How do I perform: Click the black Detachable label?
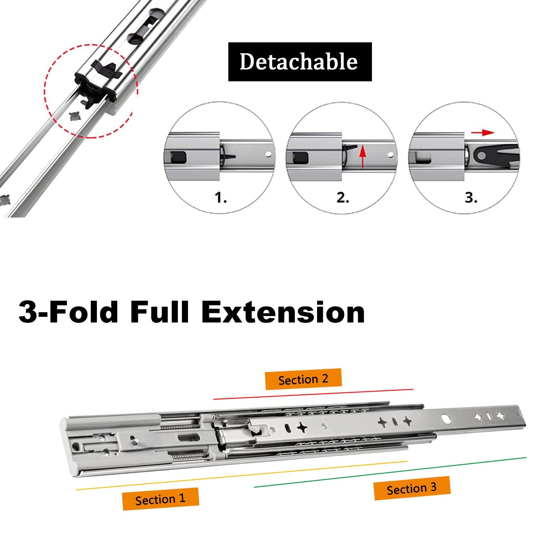[x=300, y=62]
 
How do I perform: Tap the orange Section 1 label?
[x=161, y=499]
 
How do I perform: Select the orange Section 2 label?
[x=303, y=379]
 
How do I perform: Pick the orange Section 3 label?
[x=412, y=488]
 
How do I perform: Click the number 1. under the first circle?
[x=221, y=197]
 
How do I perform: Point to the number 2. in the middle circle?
[x=343, y=197]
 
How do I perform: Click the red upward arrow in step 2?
[x=363, y=156]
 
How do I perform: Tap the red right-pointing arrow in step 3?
[x=483, y=132]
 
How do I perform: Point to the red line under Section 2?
[x=313, y=394]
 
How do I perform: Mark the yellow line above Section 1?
[x=241, y=475]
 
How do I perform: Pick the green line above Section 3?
[x=390, y=472]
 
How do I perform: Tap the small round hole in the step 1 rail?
[x=268, y=154]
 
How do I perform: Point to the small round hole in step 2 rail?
[x=390, y=155]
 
